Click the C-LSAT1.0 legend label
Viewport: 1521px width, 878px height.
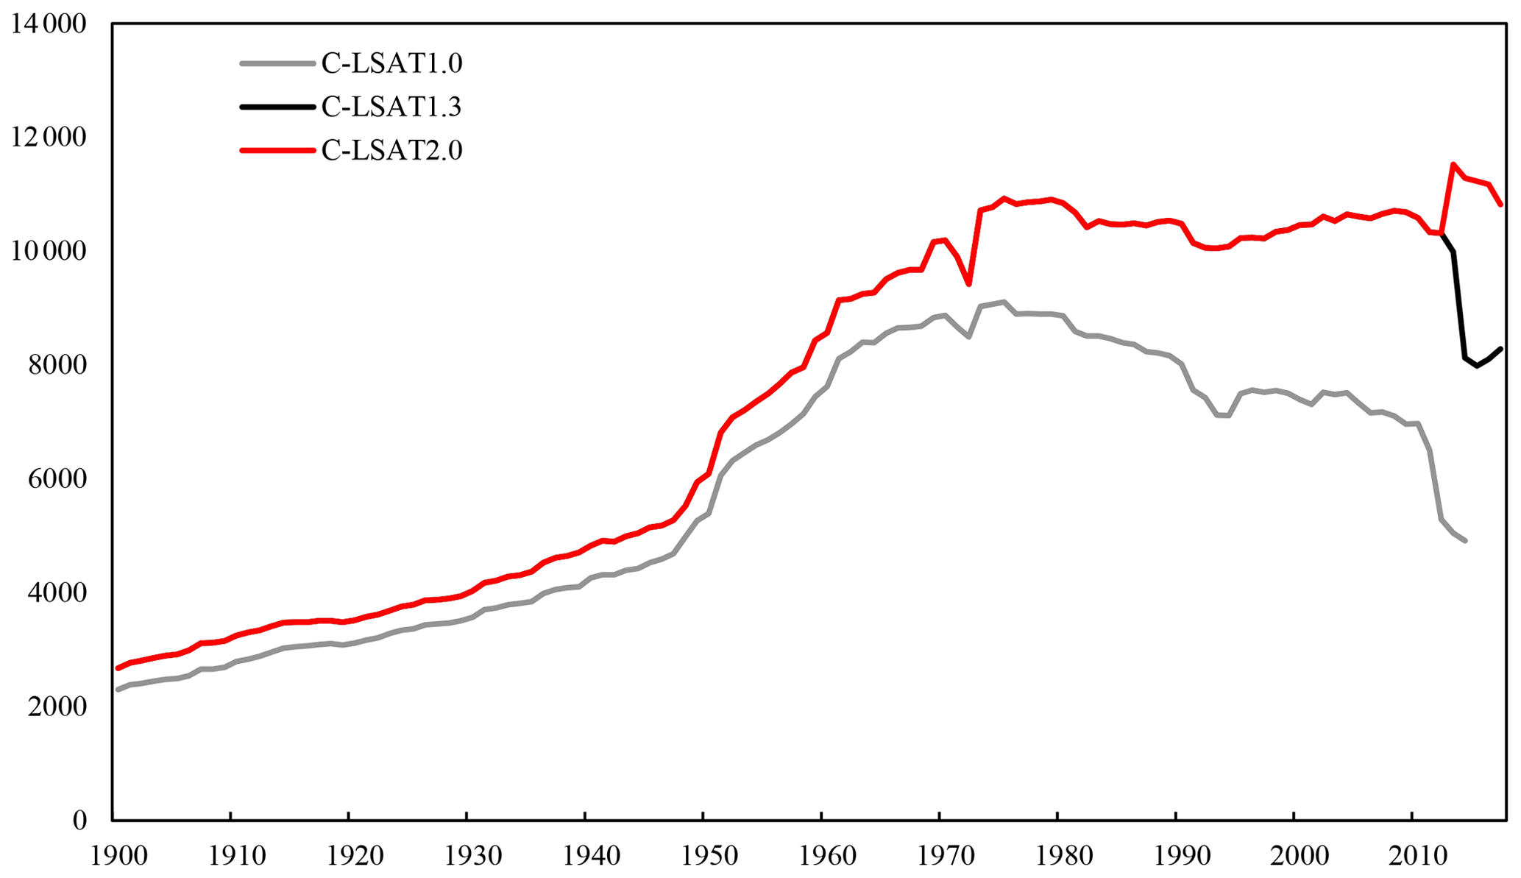click(x=391, y=64)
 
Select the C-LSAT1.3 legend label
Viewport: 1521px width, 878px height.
click(x=391, y=107)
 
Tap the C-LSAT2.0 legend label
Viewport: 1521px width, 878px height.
click(x=391, y=151)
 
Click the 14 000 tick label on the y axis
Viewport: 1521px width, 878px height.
click(x=49, y=24)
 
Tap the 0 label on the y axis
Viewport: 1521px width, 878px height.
click(x=79, y=821)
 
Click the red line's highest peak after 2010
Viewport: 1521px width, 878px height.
click(x=1453, y=164)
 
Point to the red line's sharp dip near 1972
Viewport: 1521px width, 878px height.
click(x=969, y=284)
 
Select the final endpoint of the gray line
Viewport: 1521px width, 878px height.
click(x=1465, y=541)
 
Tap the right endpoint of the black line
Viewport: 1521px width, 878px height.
click(x=1500, y=349)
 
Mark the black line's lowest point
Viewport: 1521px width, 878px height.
click(x=1476, y=366)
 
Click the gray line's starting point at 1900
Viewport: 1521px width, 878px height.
click(x=118, y=690)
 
